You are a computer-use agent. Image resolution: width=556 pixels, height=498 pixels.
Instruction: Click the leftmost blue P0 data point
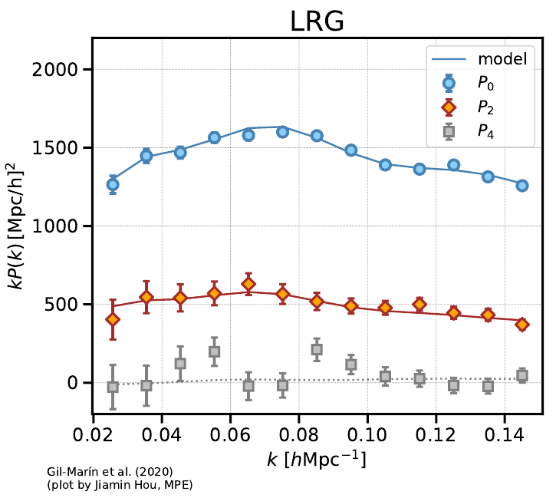(113, 184)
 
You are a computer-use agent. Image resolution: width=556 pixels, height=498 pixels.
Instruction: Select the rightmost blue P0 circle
(522, 186)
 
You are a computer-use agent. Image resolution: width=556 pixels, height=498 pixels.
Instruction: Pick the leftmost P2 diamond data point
(113, 319)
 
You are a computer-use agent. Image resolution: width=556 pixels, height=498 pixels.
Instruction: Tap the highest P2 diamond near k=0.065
(248, 284)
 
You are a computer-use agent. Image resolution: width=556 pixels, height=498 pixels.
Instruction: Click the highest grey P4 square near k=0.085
(317, 349)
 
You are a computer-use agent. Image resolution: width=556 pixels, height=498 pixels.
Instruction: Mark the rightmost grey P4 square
(522, 375)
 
